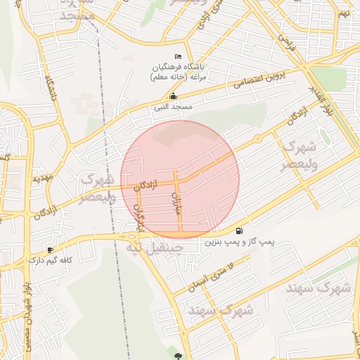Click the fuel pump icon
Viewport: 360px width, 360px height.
tap(240, 231)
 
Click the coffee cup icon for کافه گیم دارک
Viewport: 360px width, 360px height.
tap(50, 250)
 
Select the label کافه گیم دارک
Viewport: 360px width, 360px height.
tap(49, 260)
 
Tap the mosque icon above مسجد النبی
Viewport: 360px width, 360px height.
tap(173, 97)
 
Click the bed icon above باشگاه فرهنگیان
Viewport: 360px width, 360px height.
tap(177, 56)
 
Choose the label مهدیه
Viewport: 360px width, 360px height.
tap(42, 179)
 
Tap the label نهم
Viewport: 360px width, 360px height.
tap(343, 13)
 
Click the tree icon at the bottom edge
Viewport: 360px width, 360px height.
tap(178, 356)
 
